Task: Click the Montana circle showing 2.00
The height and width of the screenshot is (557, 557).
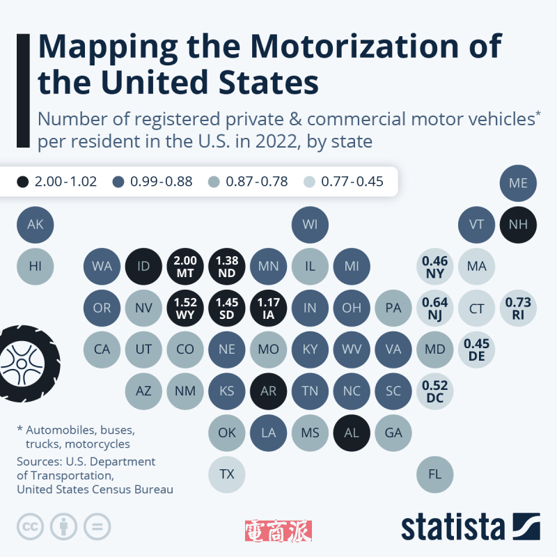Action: click(x=185, y=265)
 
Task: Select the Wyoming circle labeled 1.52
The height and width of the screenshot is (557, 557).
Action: click(x=185, y=307)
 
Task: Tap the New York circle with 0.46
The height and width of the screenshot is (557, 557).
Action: click(x=435, y=265)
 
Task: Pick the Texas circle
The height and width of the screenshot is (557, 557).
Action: click(x=227, y=474)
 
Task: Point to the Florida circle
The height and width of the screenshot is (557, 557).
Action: click(x=435, y=474)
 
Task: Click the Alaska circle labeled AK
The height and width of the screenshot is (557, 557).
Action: click(x=35, y=224)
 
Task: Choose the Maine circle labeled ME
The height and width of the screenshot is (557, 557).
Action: click(x=518, y=183)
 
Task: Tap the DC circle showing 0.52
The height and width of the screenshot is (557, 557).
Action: click(x=435, y=391)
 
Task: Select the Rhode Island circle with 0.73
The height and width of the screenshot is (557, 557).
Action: click(x=518, y=307)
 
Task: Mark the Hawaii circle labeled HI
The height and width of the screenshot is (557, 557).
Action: click(x=35, y=265)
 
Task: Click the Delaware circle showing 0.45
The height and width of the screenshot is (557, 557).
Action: click(x=477, y=349)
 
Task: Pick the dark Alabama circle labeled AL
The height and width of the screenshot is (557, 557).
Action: click(x=352, y=432)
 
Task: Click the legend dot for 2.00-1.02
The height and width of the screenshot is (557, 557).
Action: click(x=22, y=182)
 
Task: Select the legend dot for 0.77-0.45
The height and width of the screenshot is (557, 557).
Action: click(x=309, y=182)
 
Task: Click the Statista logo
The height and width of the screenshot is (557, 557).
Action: click(x=470, y=527)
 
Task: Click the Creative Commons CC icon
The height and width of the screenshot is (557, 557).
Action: click(x=29, y=526)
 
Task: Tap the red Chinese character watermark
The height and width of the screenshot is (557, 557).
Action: click(x=278, y=532)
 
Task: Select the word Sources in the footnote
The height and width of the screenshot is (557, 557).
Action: click(x=38, y=462)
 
